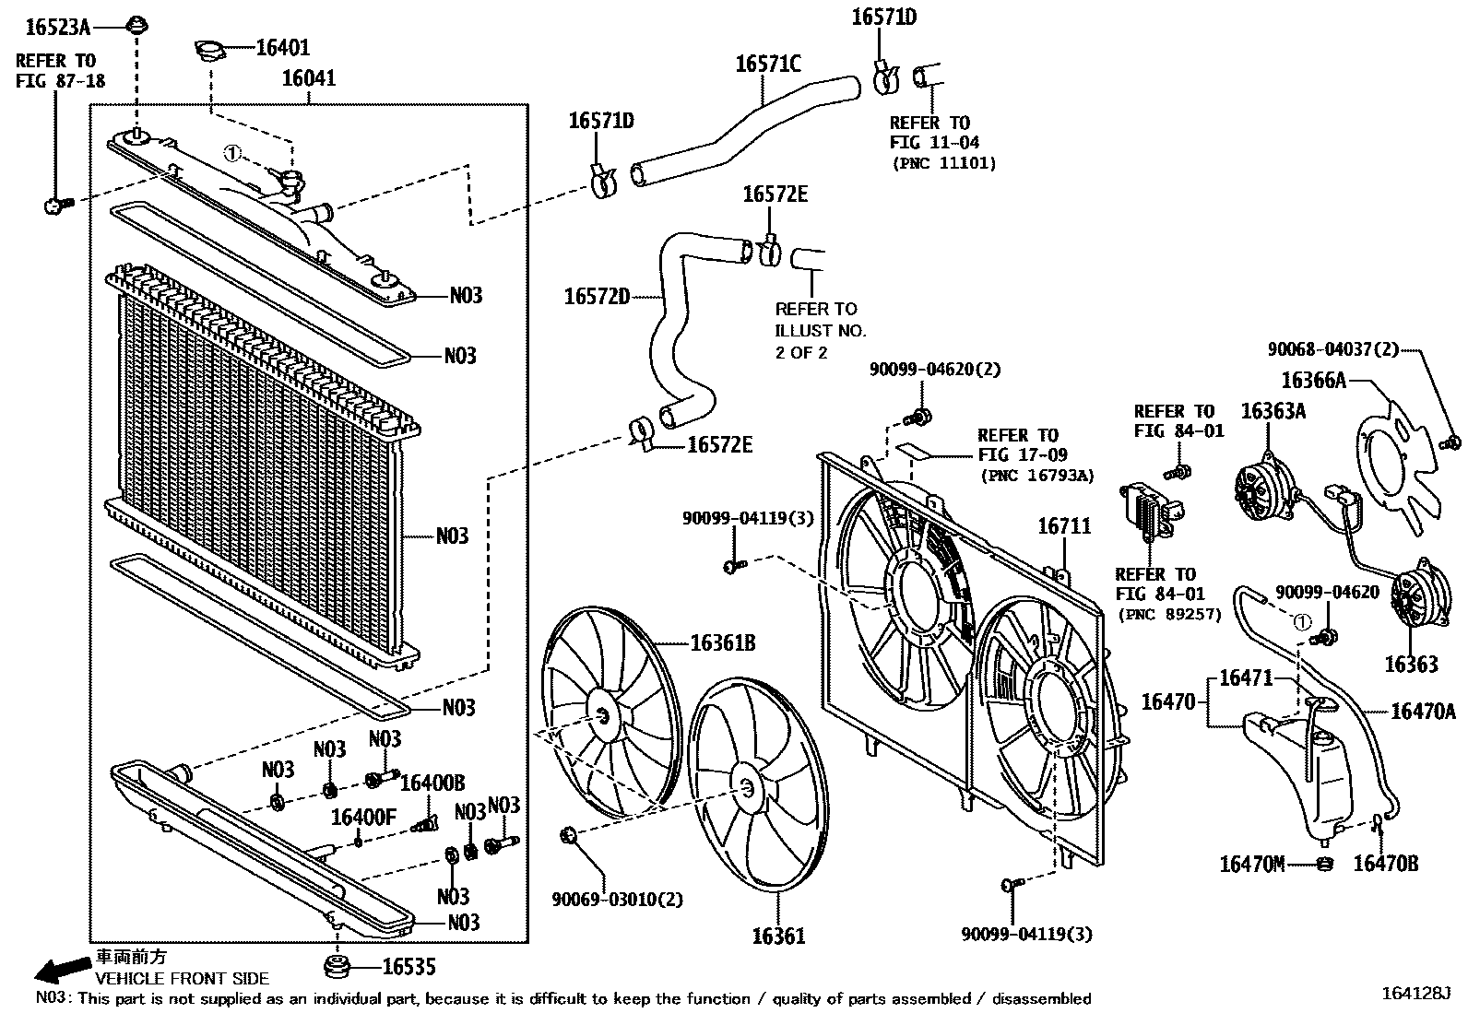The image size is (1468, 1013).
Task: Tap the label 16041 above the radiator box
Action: (308, 79)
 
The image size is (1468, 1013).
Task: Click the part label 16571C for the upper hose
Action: (767, 65)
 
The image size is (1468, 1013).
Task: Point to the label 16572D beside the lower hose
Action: (597, 297)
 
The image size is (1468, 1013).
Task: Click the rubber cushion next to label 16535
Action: (338, 968)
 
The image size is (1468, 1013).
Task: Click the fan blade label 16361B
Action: (723, 642)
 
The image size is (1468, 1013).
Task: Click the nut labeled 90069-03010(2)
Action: (569, 836)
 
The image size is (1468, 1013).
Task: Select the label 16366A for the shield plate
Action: (1313, 380)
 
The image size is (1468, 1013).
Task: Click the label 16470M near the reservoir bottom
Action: (1251, 864)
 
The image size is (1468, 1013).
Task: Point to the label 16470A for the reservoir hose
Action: (1423, 711)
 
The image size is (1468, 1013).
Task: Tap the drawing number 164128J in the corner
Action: (1415, 994)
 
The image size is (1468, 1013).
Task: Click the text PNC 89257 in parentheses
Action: (1169, 615)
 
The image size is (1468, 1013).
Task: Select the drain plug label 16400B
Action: (432, 783)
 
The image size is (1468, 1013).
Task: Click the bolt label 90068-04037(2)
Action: (1332, 349)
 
